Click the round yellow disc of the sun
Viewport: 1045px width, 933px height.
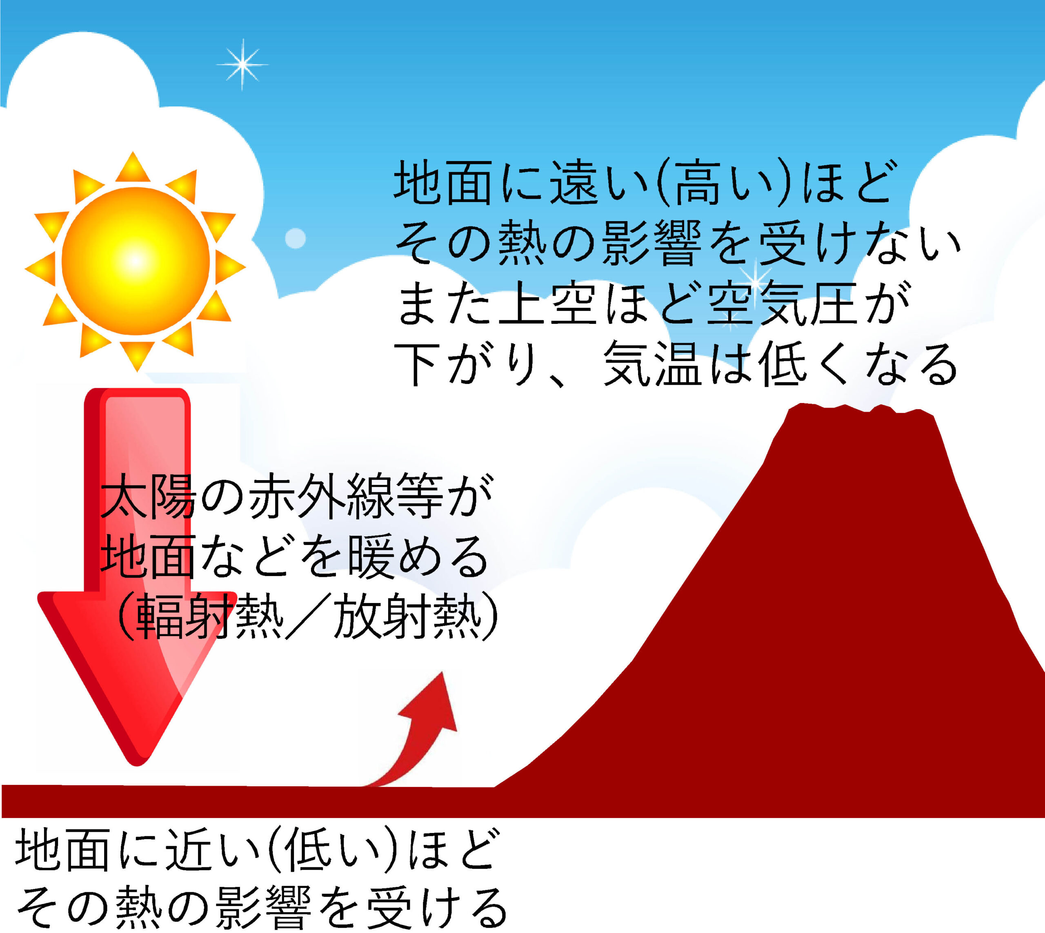click(x=136, y=262)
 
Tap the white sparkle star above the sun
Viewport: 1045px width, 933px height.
click(x=242, y=64)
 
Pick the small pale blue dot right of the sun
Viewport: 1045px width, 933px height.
click(x=295, y=238)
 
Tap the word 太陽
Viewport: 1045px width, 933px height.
click(x=149, y=496)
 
